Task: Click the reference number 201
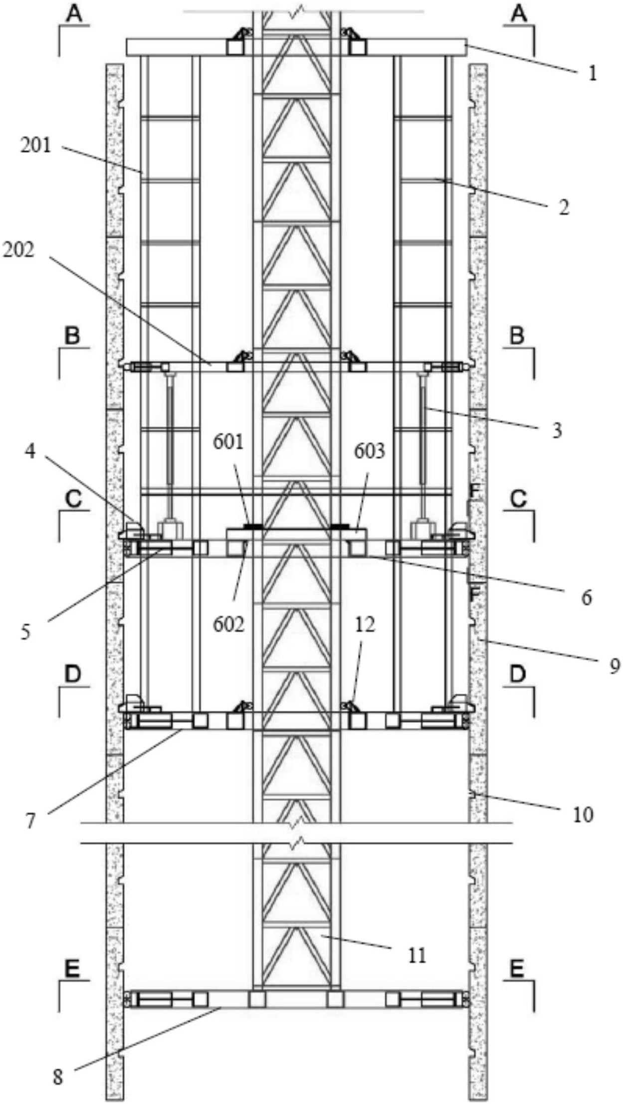pyautogui.click(x=36, y=146)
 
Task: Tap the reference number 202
pyautogui.click(x=19, y=250)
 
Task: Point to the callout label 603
pyautogui.click(x=370, y=451)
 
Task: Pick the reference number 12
pyautogui.click(x=365, y=624)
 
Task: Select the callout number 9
pyautogui.click(x=614, y=665)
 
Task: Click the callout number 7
pyautogui.click(x=31, y=822)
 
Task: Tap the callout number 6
pyautogui.click(x=587, y=597)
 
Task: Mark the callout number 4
pyautogui.click(x=31, y=452)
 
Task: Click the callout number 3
pyautogui.click(x=557, y=430)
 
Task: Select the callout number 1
pyautogui.click(x=592, y=73)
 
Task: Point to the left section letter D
pyautogui.click(x=73, y=674)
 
